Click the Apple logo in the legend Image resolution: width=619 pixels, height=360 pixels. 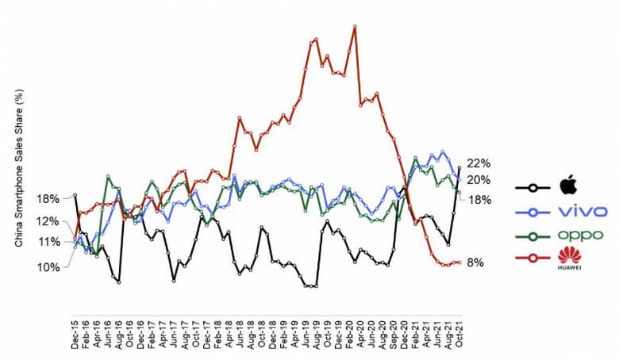tap(567, 187)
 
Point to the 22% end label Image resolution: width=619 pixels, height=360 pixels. tap(479, 163)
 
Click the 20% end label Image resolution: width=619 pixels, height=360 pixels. tap(479, 180)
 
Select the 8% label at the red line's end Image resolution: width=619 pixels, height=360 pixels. tap(475, 262)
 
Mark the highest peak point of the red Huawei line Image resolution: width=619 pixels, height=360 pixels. tap(355, 26)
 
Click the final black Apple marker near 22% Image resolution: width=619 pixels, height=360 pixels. tap(459, 167)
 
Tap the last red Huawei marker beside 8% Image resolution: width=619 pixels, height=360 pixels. tap(459, 262)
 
